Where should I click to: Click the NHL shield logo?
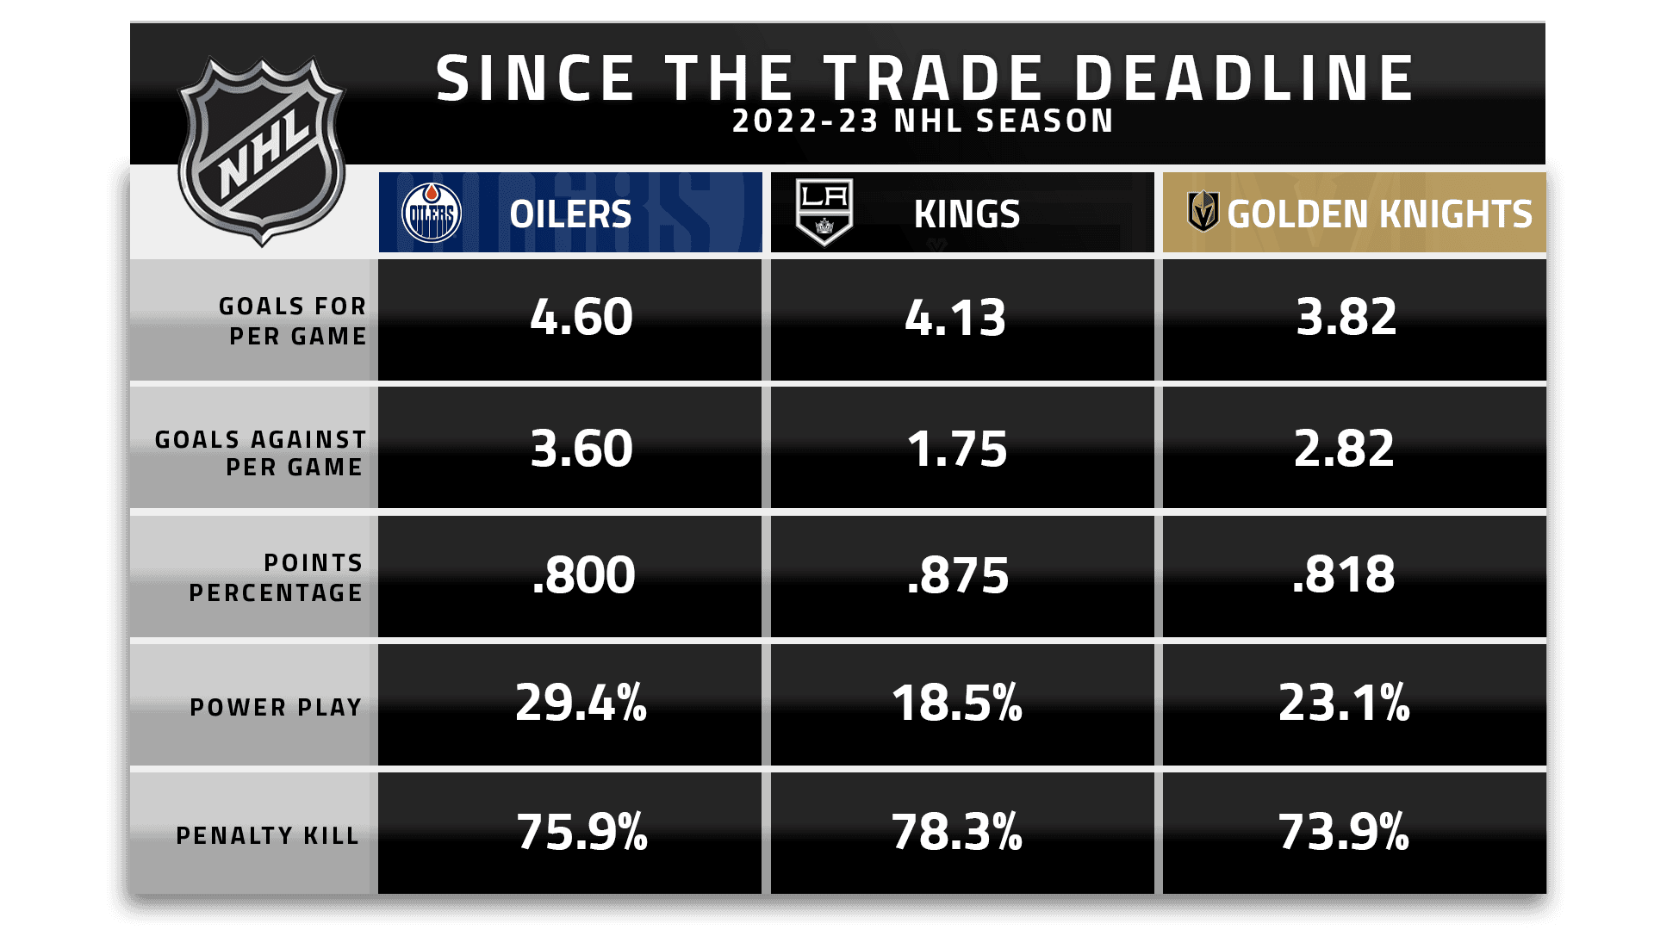click(x=261, y=151)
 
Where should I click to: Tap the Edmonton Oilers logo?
click(x=432, y=213)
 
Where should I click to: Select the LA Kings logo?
click(x=824, y=212)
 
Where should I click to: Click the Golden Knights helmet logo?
click(x=1203, y=212)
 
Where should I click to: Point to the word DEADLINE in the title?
click(x=1244, y=78)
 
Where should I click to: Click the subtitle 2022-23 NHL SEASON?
click(x=923, y=121)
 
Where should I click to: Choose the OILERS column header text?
click(x=570, y=214)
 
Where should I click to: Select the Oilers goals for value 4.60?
click(x=581, y=317)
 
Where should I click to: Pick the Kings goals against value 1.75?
click(x=956, y=449)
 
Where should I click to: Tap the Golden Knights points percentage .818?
click(x=1343, y=574)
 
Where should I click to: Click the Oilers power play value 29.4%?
click(x=581, y=703)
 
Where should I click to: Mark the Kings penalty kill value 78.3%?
click(x=956, y=832)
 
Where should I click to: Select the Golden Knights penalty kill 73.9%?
click(x=1343, y=832)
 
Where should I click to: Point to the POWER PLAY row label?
click(x=276, y=707)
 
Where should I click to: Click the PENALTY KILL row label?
click(x=267, y=835)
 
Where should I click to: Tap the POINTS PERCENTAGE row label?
click(x=276, y=577)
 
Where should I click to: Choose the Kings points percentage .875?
click(x=957, y=575)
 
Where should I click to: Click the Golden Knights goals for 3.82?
click(x=1346, y=317)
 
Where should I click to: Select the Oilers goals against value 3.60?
click(x=581, y=449)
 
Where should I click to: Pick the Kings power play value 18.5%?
click(x=956, y=703)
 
